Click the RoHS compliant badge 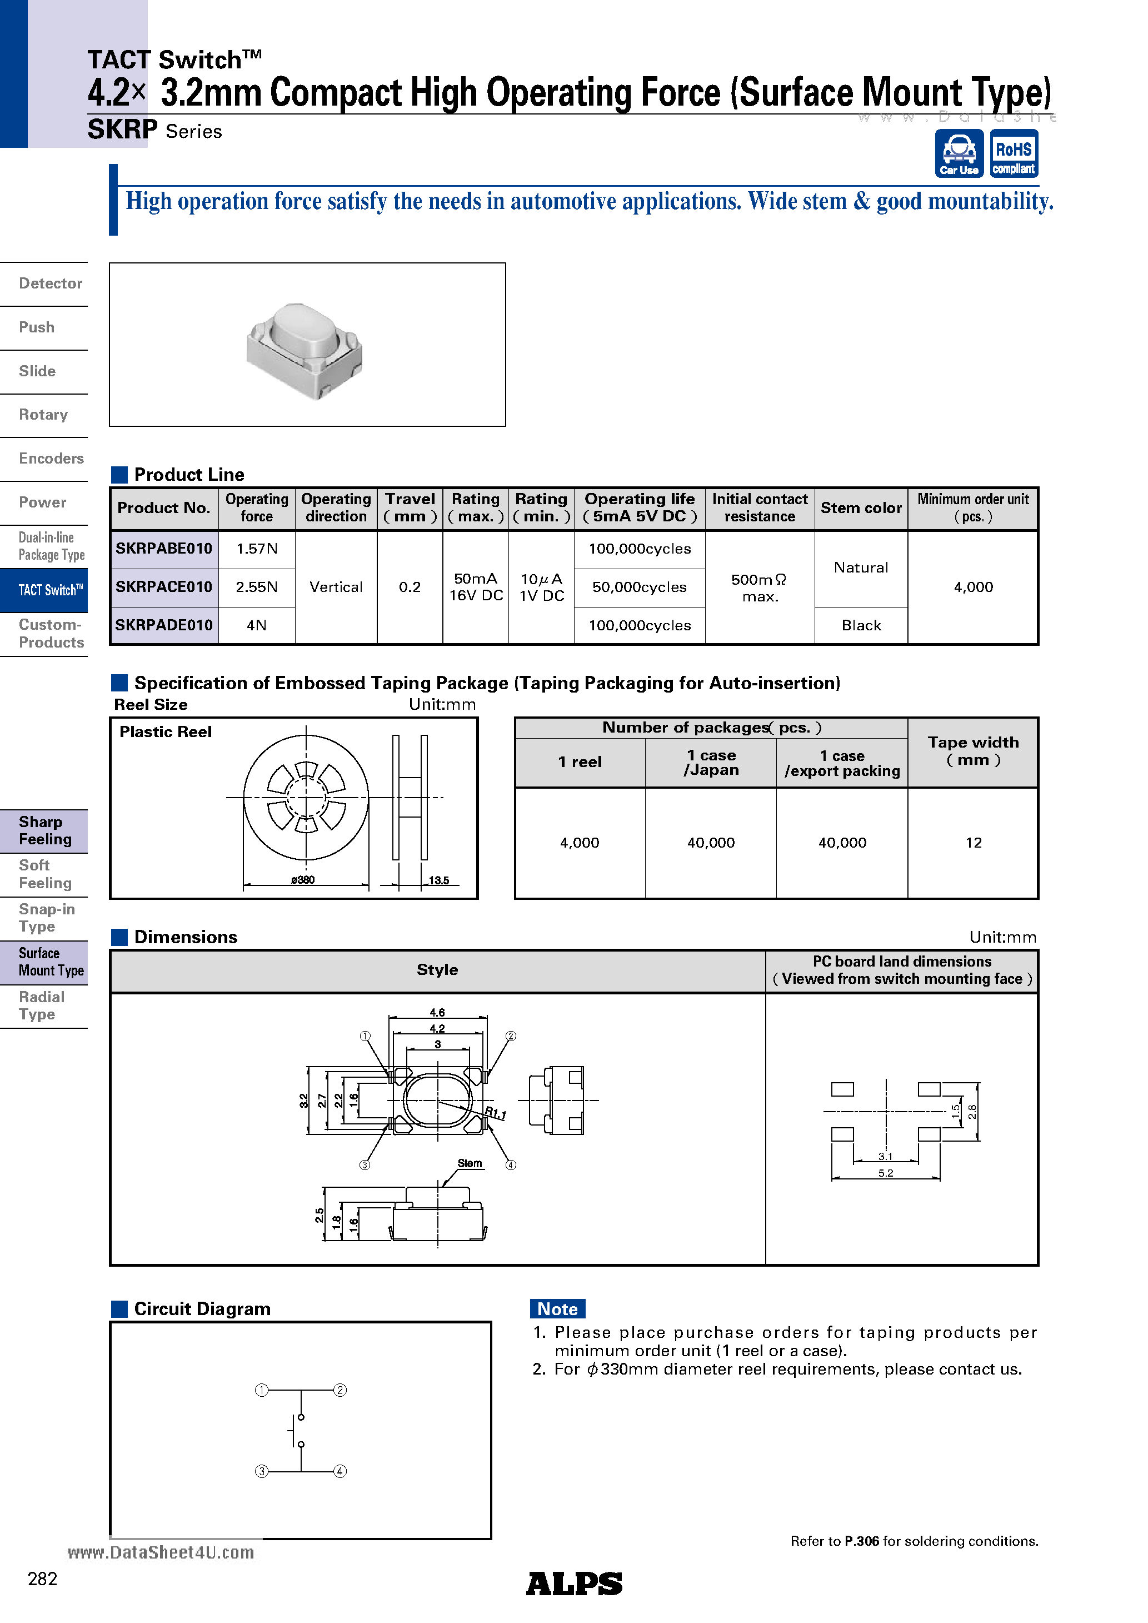click(x=1013, y=153)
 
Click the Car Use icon click(x=959, y=153)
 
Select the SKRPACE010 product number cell click(x=164, y=587)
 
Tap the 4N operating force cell click(x=257, y=626)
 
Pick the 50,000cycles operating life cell click(x=639, y=587)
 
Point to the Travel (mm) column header click(x=410, y=507)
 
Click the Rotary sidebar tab click(x=43, y=415)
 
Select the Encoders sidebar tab click(x=51, y=459)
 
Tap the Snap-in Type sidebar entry click(x=47, y=918)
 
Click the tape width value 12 click(x=973, y=843)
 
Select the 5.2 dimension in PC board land click(x=885, y=1173)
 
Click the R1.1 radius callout click(x=496, y=1113)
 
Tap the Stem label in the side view click(x=470, y=1163)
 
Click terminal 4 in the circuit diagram click(x=340, y=1471)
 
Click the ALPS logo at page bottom click(x=573, y=1584)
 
